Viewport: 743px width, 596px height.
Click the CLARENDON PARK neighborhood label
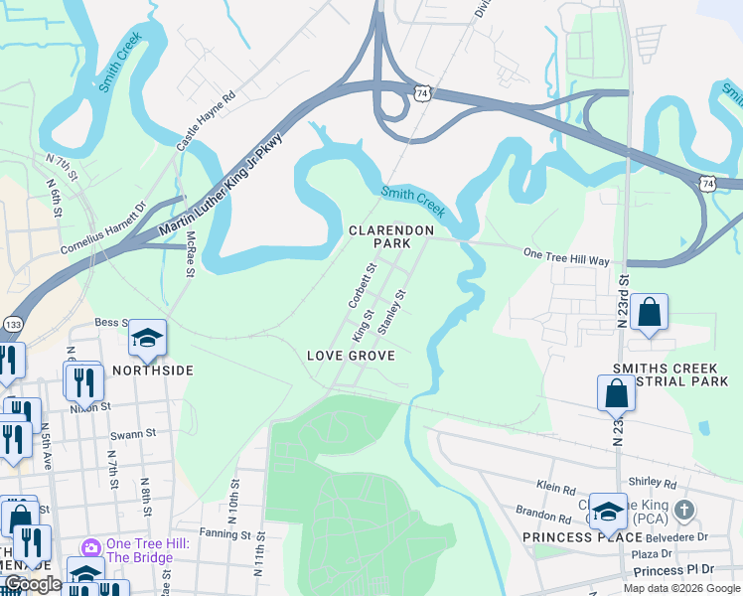pos(391,236)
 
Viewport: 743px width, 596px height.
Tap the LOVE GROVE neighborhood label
pos(351,356)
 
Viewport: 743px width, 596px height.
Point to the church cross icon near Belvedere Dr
pos(683,511)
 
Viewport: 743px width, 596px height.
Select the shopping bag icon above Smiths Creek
pos(648,312)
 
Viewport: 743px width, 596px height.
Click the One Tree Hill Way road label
pos(566,257)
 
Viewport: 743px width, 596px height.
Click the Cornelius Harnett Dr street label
pos(103,227)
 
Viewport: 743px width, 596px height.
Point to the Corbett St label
pos(361,284)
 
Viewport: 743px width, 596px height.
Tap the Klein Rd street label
pos(556,489)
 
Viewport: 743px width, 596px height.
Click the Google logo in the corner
pos(33,585)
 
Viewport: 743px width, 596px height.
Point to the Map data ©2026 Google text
pos(680,588)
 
